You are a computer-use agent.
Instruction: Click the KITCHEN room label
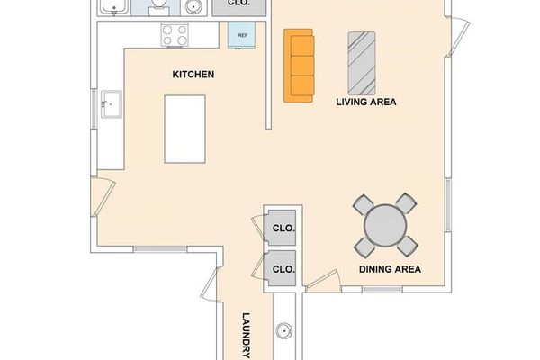point(193,75)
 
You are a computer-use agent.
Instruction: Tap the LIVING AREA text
point(366,103)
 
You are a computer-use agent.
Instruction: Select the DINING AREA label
point(390,269)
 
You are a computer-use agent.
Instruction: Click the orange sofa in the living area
point(300,66)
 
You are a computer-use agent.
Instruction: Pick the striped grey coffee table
point(363,61)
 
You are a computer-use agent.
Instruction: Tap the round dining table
point(385,225)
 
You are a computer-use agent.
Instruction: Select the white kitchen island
point(185,130)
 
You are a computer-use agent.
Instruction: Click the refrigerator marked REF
point(243,36)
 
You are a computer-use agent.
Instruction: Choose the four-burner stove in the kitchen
point(175,35)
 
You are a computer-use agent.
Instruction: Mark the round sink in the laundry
point(283,330)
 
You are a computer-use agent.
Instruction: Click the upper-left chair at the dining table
point(363,204)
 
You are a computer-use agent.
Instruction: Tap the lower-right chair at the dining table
point(408,245)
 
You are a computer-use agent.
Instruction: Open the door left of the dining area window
point(322,281)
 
